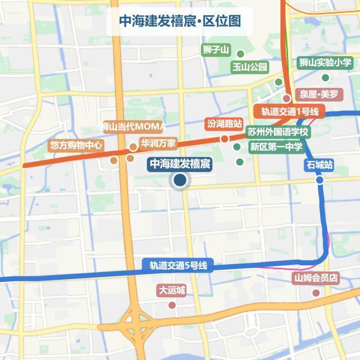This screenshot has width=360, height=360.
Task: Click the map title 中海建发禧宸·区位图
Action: (180, 21)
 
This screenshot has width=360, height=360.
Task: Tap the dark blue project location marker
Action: (180, 181)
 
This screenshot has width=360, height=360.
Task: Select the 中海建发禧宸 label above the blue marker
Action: (180, 164)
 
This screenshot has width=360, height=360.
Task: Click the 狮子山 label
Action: (216, 50)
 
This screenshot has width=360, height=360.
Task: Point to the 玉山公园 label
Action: (250, 67)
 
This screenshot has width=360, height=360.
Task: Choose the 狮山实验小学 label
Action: (325, 63)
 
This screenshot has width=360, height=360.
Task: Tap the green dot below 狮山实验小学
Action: (325, 78)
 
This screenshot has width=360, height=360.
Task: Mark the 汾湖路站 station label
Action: (225, 123)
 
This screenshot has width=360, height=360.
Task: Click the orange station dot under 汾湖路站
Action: (225, 139)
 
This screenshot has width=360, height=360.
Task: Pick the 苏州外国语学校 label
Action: (278, 132)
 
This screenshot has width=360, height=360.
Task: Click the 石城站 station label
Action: (320, 165)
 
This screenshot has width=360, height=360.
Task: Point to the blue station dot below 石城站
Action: (320, 180)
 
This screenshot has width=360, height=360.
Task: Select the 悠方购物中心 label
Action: (76, 146)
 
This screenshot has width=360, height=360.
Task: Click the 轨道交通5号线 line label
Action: (178, 266)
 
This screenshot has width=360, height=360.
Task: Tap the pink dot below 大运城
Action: (172, 305)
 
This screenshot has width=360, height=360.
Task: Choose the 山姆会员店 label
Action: (316, 278)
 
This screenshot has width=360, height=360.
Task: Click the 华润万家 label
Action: (158, 144)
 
